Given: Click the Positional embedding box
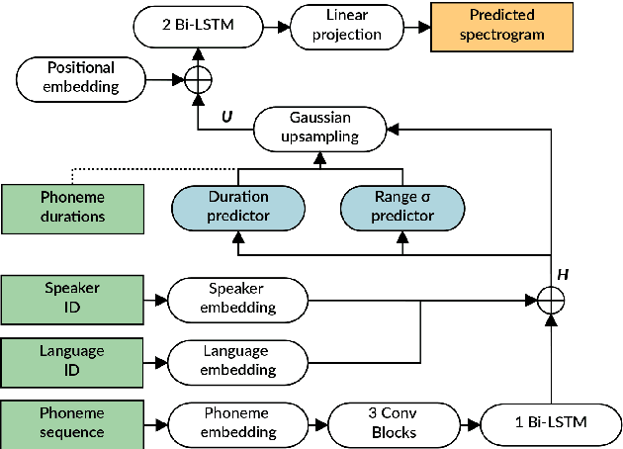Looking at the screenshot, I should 80,76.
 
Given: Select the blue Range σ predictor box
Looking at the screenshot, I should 401,206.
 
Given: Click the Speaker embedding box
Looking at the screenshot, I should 237,297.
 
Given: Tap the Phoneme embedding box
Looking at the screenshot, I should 237,421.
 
